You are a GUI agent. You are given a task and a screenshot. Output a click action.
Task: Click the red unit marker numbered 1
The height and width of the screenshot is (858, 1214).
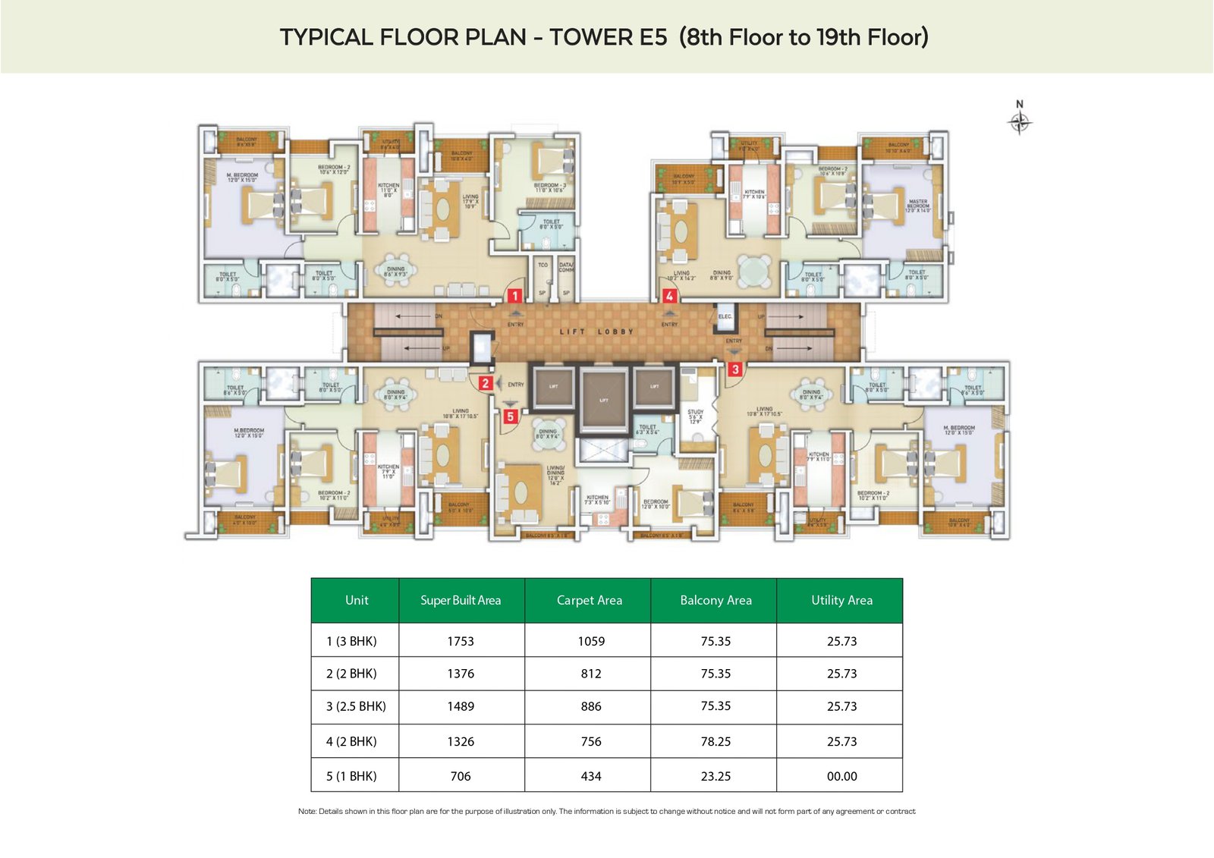[514, 296]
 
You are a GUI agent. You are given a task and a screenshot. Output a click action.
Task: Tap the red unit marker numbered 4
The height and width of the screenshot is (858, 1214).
[669, 296]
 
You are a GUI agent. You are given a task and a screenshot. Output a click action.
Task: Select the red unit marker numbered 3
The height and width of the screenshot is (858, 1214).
[734, 369]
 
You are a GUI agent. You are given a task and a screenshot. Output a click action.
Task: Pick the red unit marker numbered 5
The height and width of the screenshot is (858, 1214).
[511, 416]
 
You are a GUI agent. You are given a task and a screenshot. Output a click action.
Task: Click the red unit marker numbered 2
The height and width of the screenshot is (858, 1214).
[486, 384]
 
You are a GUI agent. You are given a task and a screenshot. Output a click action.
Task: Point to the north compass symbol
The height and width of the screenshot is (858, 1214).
[1020, 120]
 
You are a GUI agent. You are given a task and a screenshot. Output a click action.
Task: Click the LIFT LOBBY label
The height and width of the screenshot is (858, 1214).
[596, 332]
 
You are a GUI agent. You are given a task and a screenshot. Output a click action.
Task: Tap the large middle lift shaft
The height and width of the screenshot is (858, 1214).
[604, 400]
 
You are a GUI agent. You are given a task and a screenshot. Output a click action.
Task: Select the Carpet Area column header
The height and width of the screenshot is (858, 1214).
[589, 600]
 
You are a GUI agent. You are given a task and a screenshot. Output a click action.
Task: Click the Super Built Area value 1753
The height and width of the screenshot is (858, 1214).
[461, 641]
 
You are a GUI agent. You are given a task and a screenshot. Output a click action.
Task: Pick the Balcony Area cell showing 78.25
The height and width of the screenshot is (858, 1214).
[716, 741]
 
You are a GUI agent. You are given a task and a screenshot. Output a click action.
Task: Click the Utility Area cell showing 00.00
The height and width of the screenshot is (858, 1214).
[841, 776]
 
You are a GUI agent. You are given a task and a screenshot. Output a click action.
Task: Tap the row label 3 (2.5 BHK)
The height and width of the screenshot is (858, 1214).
[356, 706]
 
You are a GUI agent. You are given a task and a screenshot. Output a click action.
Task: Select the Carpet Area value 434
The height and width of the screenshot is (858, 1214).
[590, 776]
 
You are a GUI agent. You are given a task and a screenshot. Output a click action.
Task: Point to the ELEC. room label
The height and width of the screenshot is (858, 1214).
[725, 316]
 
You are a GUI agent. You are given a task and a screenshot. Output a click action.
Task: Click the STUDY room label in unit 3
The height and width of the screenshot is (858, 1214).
[696, 412]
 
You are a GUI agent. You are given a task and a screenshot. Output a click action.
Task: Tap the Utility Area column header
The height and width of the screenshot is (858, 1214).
[841, 600]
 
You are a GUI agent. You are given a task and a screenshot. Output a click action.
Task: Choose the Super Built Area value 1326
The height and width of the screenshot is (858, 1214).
[461, 741]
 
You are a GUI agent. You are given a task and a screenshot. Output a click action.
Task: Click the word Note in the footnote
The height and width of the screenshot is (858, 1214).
[307, 811]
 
